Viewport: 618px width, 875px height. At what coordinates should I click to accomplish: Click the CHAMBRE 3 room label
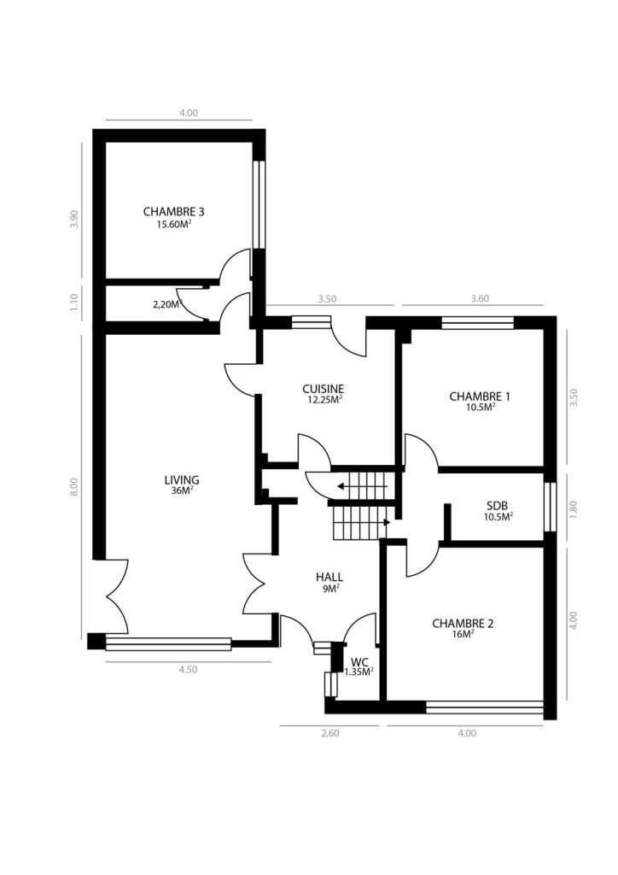point(173,212)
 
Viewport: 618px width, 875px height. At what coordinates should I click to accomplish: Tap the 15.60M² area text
point(174,225)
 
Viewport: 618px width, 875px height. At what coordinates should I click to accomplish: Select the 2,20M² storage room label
point(167,305)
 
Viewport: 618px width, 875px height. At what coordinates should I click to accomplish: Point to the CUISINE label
point(324,389)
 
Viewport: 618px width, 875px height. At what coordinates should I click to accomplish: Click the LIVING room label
point(182,480)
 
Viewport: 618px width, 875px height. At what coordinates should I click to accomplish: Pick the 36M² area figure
point(182,491)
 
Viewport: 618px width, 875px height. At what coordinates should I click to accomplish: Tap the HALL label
point(329,577)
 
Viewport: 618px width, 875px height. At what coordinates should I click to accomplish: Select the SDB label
point(497,506)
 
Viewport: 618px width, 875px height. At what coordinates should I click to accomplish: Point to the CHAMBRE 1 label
point(480,396)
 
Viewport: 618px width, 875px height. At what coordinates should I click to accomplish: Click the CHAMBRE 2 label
point(463,623)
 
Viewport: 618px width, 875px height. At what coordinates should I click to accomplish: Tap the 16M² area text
point(463,635)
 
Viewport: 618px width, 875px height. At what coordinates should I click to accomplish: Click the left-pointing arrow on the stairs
point(362,486)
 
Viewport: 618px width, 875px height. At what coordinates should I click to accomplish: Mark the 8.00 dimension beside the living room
point(74,486)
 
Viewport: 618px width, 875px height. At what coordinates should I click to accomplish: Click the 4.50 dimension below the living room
point(188,670)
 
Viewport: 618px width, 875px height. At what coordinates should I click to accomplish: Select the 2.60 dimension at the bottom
point(329,733)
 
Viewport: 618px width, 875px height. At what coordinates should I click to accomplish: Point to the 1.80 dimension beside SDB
point(574,508)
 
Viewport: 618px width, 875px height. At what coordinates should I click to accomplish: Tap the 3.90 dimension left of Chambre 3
point(74,219)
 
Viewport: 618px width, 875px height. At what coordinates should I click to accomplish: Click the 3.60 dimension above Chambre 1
point(480,298)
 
